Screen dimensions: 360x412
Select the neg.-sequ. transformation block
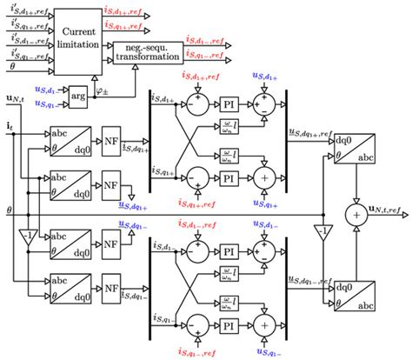pos(148,52)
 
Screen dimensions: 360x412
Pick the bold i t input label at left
pos(9,127)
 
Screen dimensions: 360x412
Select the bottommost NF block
pos(110,286)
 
